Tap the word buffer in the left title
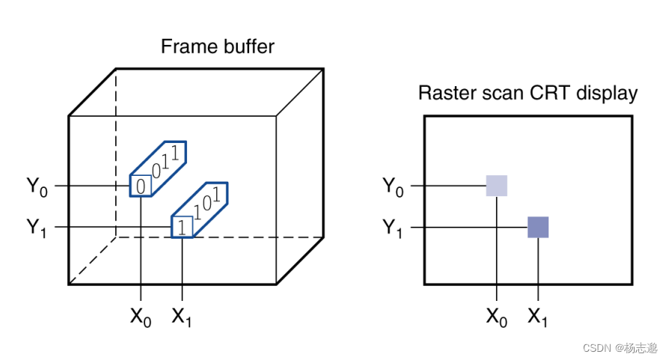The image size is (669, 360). coord(246,46)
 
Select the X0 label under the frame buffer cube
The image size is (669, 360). coord(141,317)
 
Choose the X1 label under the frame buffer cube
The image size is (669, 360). coord(183,317)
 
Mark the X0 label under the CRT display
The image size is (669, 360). coord(496,317)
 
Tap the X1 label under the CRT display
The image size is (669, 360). coord(538,317)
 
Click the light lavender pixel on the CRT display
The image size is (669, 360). coord(496,186)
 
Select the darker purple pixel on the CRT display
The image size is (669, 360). coord(538,227)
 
